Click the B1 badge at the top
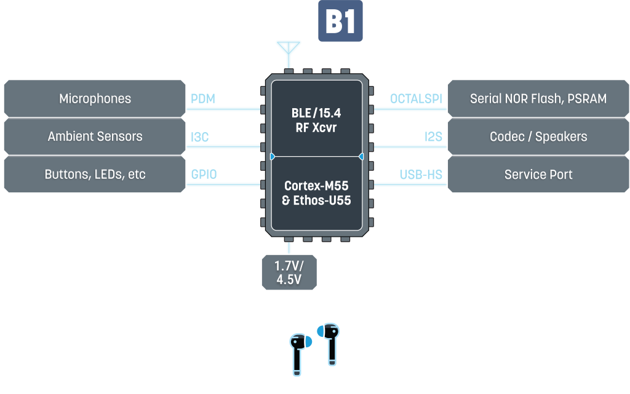tap(340, 22)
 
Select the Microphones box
tap(95, 98)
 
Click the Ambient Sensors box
tap(95, 136)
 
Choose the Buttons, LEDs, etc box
tap(95, 175)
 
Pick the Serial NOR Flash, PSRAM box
tap(538, 98)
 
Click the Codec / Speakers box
tap(538, 136)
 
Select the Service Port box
tap(538, 175)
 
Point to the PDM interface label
tap(203, 99)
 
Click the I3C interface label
tap(200, 137)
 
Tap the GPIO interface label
tap(204, 175)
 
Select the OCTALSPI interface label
tap(417, 99)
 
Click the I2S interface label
tap(434, 137)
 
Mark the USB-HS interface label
tap(421, 175)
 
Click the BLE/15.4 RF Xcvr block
tap(316, 120)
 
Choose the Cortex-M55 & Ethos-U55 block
tap(316, 192)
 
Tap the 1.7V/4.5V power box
tap(289, 272)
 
